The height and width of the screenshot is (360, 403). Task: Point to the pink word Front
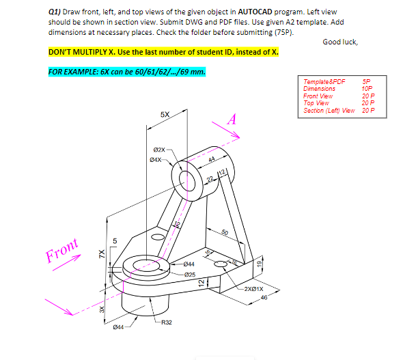tap(63, 251)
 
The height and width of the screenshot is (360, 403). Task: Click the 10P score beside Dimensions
tap(367, 89)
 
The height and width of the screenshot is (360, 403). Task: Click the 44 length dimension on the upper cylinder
tap(203, 159)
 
